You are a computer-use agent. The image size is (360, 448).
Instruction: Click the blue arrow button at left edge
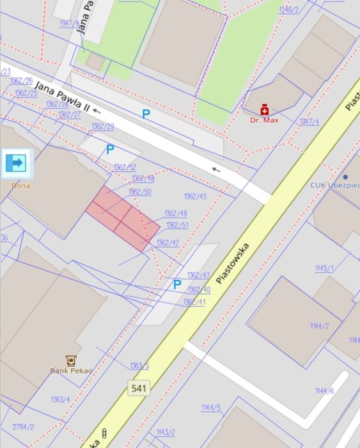(15, 163)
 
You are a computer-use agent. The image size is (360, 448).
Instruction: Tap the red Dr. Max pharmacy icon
(264, 110)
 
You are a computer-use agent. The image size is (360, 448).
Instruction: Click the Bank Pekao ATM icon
(71, 361)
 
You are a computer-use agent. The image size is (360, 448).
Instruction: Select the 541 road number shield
(139, 388)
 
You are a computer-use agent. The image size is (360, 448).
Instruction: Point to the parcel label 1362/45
(195, 196)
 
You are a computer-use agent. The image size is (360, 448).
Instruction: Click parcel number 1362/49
(175, 213)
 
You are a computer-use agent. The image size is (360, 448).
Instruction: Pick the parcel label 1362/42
(168, 243)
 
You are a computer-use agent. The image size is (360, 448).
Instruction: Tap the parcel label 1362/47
(198, 275)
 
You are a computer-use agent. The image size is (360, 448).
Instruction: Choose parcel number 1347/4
(309, 122)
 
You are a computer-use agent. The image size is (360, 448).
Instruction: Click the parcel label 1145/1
(324, 268)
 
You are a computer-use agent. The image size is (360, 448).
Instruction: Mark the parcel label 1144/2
(319, 326)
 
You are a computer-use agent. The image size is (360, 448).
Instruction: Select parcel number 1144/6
(324, 390)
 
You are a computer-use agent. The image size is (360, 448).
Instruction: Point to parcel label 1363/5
(139, 365)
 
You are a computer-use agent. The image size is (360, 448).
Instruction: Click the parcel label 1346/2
(288, 10)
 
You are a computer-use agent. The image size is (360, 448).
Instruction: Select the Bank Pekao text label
(71, 371)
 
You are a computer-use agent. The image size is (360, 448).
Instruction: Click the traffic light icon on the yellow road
(105, 433)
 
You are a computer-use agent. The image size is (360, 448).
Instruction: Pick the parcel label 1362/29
(102, 126)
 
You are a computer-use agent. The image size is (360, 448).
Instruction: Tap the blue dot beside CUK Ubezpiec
(345, 177)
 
